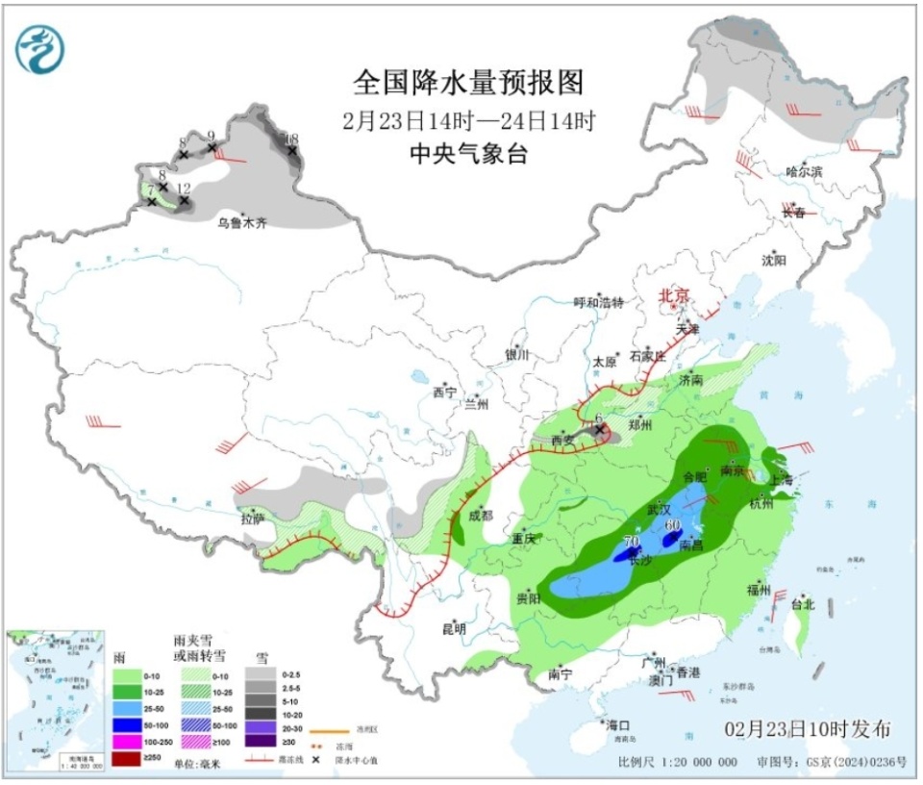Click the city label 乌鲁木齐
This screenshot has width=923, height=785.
coord(241,223)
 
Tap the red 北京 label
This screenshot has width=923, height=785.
coord(674,296)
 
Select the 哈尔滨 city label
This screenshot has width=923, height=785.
coord(804,171)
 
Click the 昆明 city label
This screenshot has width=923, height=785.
coord(453,629)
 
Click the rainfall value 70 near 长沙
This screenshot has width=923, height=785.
coord(631,541)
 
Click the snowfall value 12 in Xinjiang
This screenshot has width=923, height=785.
coord(184,188)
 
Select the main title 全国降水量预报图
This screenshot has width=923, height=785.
coord(468,84)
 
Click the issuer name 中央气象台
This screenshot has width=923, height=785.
coord(468,154)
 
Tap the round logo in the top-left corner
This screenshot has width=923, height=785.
coord(40,49)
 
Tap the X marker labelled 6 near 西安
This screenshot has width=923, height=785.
coord(599,430)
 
